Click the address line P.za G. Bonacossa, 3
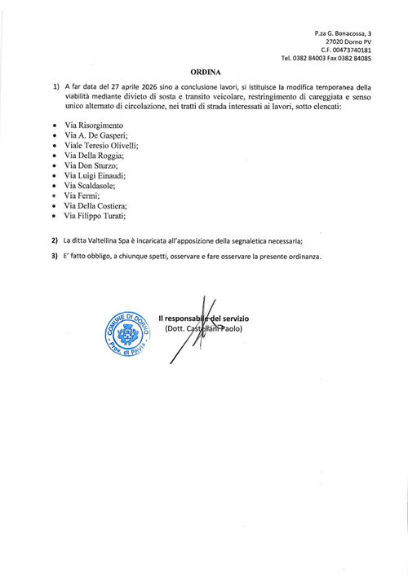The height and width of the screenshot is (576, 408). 343,32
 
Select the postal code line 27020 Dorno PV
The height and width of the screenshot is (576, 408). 348,41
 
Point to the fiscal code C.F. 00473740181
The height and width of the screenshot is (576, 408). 346,50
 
